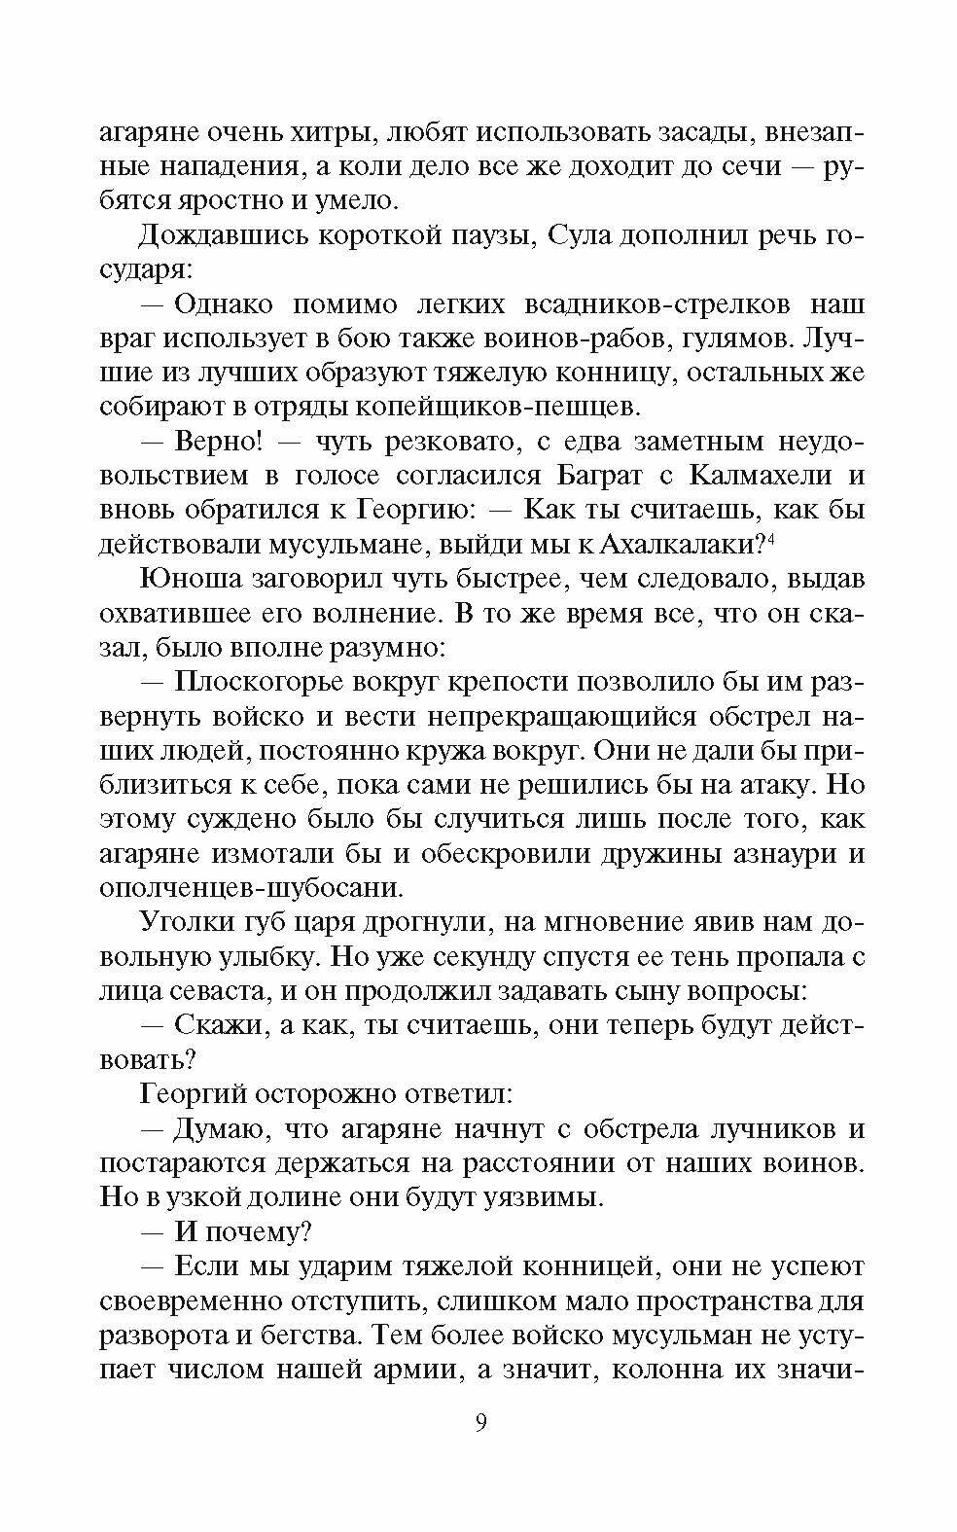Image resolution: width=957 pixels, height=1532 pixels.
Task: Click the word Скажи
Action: coord(211,1026)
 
